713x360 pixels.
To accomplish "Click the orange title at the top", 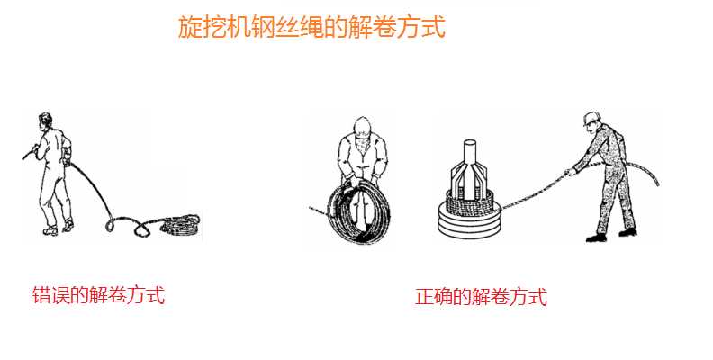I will click(x=311, y=27).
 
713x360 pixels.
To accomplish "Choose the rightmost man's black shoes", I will click(x=612, y=235).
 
